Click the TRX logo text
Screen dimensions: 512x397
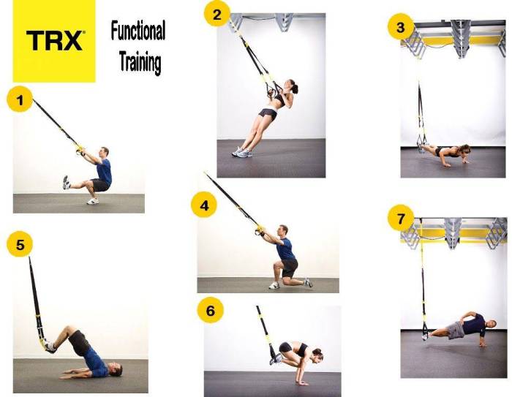pos(54,40)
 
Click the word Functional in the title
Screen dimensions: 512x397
pos(138,31)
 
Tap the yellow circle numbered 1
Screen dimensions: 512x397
pos(20,99)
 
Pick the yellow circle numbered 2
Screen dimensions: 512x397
pos(217,15)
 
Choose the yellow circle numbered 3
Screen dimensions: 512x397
pos(401,27)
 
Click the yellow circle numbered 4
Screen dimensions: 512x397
pos(204,205)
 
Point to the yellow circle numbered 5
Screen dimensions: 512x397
pos(20,244)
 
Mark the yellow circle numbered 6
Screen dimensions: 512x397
pos(211,310)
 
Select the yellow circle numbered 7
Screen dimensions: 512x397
pos(401,219)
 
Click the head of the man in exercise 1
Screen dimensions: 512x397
pos(104,153)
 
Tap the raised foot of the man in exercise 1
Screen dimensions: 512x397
pos(66,182)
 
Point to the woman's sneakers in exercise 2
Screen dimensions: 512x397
pos(242,152)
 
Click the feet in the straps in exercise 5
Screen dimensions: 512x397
pos(50,347)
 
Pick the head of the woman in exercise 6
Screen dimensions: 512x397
pos(317,355)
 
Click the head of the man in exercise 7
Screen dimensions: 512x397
pos(491,324)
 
